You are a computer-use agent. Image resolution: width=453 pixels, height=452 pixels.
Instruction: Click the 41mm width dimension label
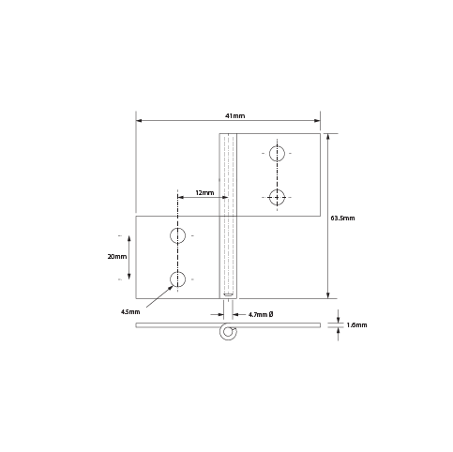click(235, 115)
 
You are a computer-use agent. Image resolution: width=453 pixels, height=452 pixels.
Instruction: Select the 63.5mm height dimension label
click(342, 218)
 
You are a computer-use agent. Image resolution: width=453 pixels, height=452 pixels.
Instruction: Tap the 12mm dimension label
click(204, 192)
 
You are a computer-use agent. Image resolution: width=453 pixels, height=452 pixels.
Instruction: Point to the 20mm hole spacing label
click(117, 257)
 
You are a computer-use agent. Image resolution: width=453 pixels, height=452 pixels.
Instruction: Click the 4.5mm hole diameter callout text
click(130, 311)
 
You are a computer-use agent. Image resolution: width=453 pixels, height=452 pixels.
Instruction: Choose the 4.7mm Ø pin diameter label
click(261, 314)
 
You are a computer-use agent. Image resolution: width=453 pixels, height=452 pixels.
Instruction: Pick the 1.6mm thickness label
click(356, 325)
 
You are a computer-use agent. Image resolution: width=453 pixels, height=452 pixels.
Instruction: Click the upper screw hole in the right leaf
click(277, 154)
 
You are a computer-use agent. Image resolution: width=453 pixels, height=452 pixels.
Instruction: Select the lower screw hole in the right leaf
click(277, 197)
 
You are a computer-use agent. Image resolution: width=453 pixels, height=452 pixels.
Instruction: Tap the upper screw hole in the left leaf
click(177, 235)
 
